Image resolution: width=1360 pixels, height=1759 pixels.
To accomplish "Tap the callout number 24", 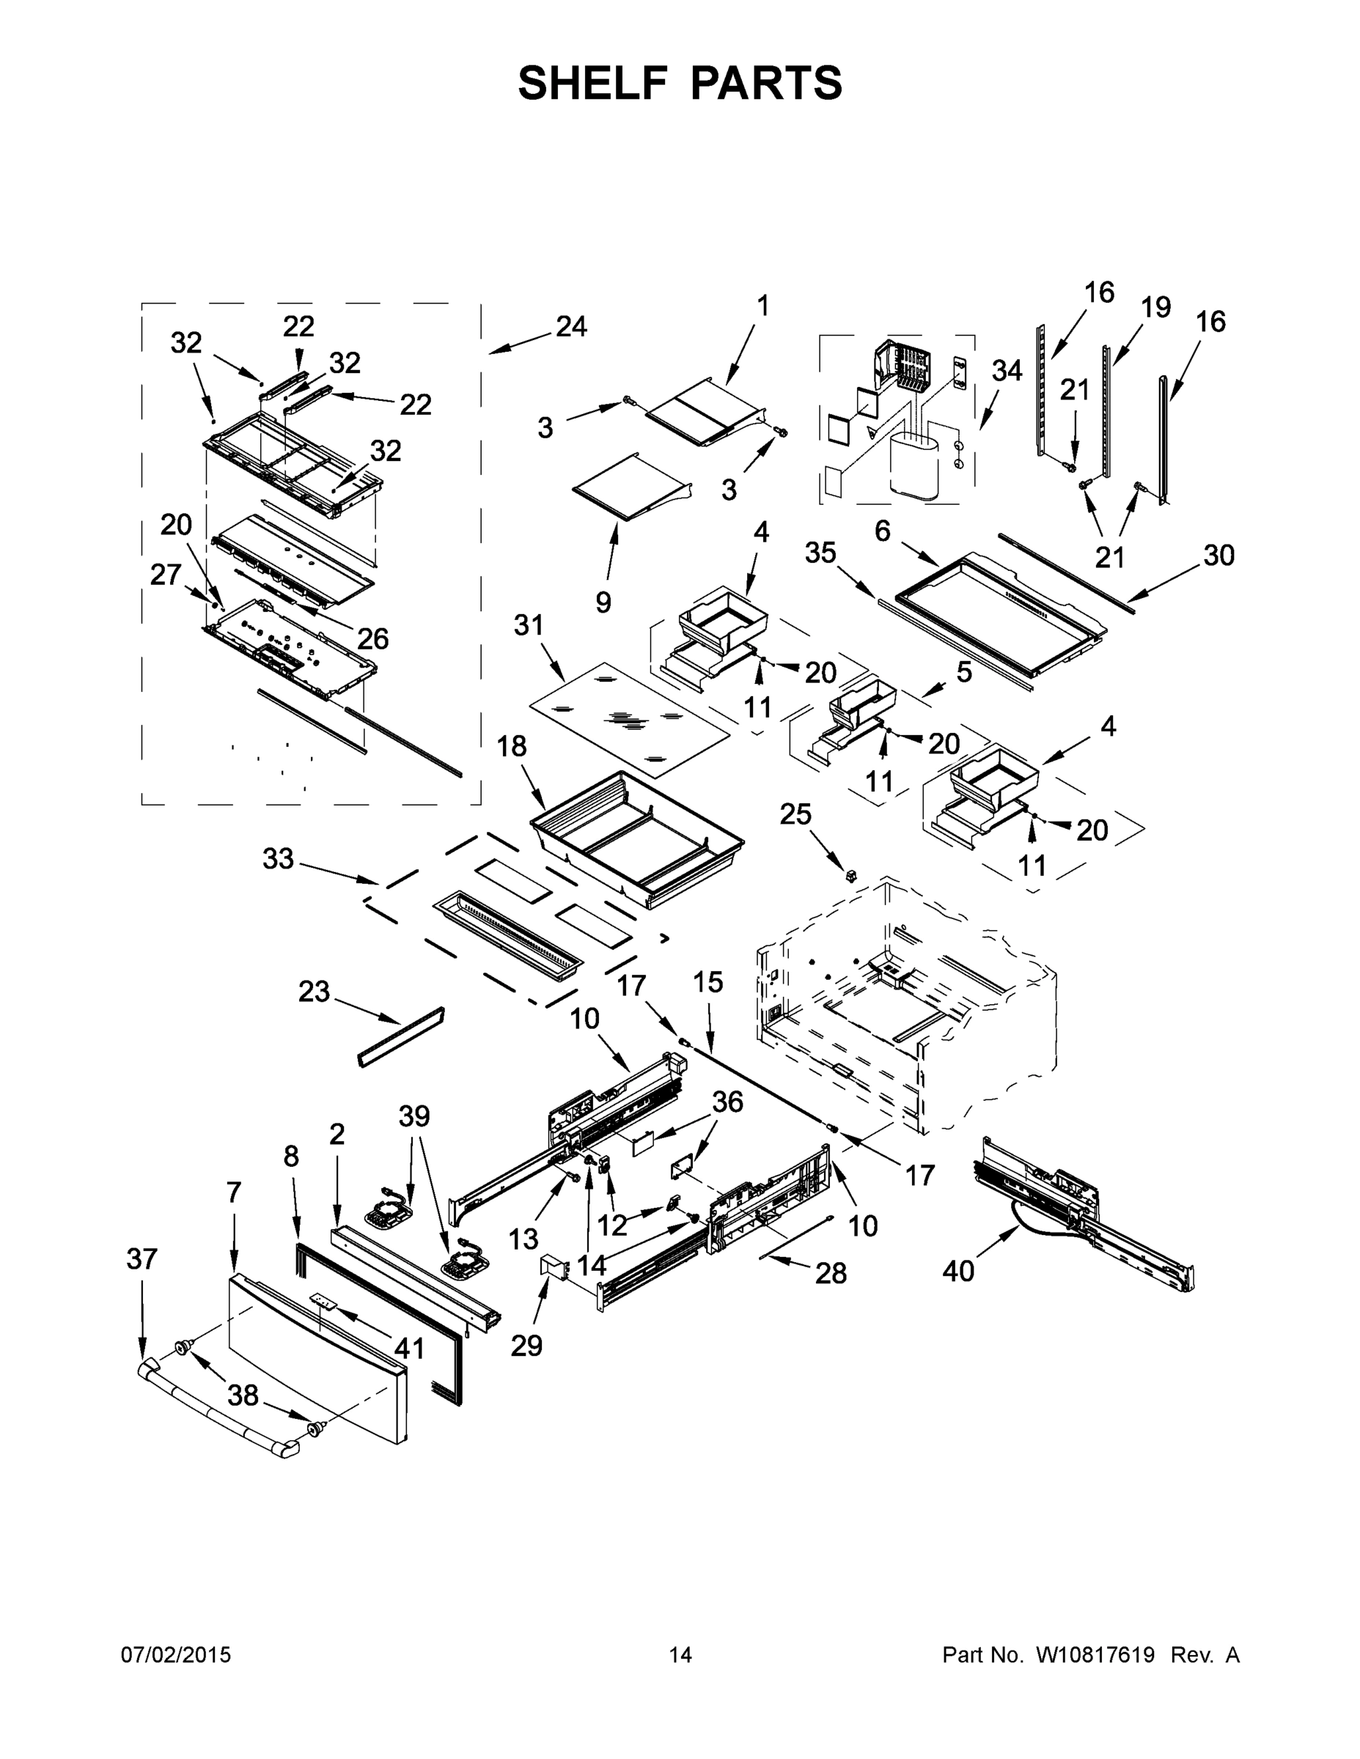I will point(571,326).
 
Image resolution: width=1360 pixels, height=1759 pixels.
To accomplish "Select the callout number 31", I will point(529,625).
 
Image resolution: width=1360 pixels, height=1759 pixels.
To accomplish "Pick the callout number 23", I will point(315,992).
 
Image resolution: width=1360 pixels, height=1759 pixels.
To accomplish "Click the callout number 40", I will point(958,1271).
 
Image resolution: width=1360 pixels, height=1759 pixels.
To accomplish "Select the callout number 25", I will point(795,814).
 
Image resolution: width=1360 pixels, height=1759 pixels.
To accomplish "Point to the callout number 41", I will point(409,1347).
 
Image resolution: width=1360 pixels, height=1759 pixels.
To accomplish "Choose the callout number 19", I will point(1155,307).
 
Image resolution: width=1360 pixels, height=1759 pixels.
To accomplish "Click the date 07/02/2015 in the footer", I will point(176,1655).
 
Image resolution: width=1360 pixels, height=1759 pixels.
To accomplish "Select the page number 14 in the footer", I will point(680,1655).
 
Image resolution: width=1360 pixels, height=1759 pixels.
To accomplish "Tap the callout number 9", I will point(603,602).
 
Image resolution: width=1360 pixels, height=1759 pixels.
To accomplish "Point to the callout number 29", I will point(526,1345).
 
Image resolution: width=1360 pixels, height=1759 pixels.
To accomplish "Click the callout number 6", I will point(882,531).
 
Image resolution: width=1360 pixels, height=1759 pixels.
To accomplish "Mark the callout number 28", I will point(831,1272).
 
